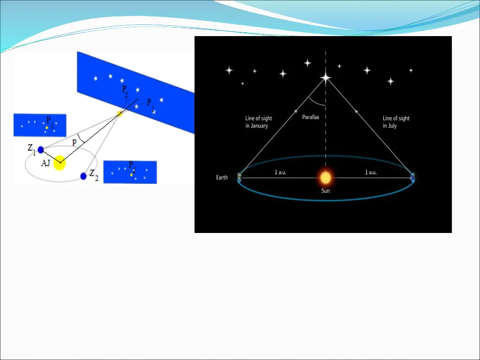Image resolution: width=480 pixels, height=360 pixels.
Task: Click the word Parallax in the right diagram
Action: (x=310, y=117)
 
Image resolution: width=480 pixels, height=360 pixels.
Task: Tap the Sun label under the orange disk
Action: (x=325, y=191)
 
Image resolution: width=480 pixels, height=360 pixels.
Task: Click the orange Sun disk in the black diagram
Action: (x=325, y=178)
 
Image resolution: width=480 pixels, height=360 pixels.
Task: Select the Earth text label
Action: (x=222, y=178)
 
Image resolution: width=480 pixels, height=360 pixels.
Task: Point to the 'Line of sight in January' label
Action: (x=259, y=122)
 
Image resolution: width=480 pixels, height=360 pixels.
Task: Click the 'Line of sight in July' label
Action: (x=396, y=122)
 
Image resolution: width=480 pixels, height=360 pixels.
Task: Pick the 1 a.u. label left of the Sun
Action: (x=280, y=172)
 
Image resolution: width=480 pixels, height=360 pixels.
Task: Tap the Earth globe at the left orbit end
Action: (x=240, y=177)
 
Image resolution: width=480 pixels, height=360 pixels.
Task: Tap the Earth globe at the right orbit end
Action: (x=412, y=177)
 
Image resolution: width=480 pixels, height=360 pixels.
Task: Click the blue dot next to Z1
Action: (x=41, y=150)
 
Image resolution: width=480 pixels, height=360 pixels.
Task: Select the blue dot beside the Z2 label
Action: (x=83, y=176)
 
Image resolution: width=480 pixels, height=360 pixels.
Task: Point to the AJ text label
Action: (x=46, y=162)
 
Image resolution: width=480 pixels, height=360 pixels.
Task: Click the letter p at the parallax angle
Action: (x=75, y=142)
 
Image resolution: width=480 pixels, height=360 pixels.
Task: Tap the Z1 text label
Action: (x=32, y=149)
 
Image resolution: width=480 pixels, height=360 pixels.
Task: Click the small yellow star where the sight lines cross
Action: (x=120, y=114)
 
